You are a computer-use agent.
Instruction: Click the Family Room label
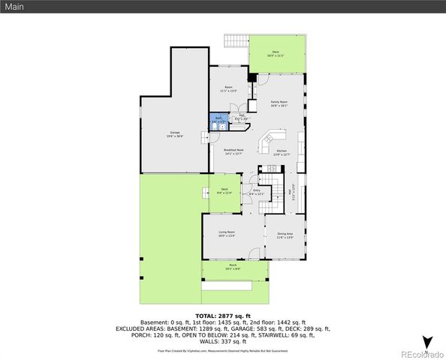[x=279, y=103]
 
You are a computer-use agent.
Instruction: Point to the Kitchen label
[x=282, y=153]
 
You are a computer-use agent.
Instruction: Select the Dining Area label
[x=285, y=235]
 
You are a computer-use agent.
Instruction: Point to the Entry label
[x=257, y=193]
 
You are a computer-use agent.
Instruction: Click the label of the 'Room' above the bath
[x=228, y=89]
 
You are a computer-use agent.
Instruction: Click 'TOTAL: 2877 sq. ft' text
[x=222, y=316]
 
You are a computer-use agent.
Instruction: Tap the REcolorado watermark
[x=421, y=353]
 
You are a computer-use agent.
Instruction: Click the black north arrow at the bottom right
[x=426, y=343]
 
